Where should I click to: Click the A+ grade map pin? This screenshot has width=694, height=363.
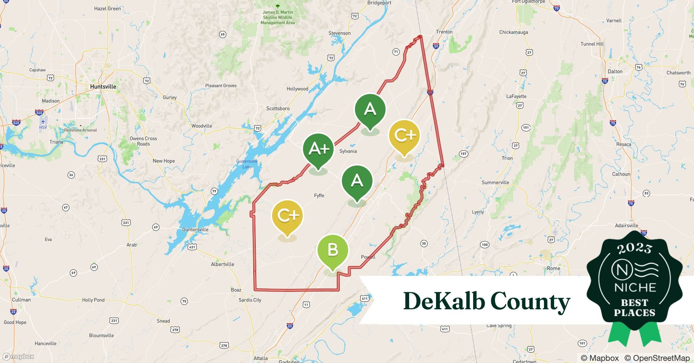pos(318,149)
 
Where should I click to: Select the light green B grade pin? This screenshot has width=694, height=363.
pos(332,250)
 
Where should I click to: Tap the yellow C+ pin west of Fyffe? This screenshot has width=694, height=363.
pos(287,216)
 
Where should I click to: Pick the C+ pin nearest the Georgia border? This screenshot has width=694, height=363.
pos(404,135)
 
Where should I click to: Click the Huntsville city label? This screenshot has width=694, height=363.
pos(103,87)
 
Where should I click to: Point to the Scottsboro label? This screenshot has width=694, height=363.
pos(278,109)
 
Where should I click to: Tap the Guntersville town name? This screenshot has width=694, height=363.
pos(195,229)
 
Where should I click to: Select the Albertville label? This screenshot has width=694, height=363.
pos(222,264)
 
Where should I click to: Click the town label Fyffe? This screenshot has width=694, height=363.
pos(319,196)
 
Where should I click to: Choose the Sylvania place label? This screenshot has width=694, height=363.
pos(348,151)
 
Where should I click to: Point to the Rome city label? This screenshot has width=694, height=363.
pos(553,268)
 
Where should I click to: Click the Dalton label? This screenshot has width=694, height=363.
pos(615,72)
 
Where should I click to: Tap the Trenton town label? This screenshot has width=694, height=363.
pos(444,32)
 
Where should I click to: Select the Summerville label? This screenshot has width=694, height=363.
pos(495,183)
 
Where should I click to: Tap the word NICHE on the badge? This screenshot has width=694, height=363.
pos(635,287)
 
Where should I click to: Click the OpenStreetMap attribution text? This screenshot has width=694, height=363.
pos(657,358)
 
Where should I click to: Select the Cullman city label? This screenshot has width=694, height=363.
pos(21,300)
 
